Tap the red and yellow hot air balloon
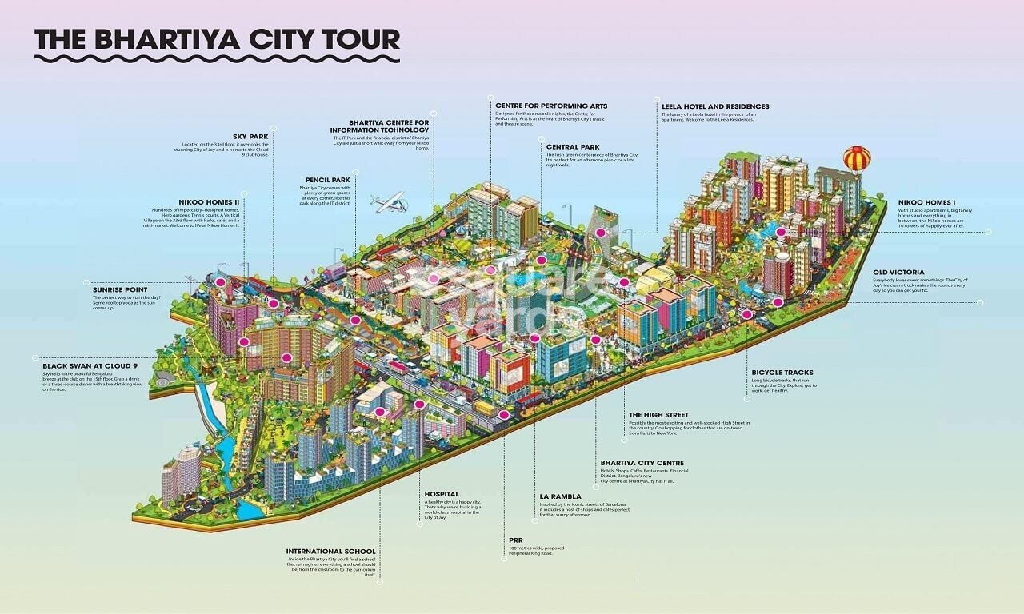(x=857, y=160)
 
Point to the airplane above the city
(x=389, y=202)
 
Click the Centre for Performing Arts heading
(x=551, y=106)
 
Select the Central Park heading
(x=572, y=147)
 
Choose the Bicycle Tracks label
(x=782, y=373)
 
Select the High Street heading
(x=658, y=415)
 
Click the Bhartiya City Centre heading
(x=642, y=463)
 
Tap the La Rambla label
(x=560, y=496)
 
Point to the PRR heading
(x=515, y=540)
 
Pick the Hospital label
(x=442, y=494)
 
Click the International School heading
(x=330, y=552)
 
